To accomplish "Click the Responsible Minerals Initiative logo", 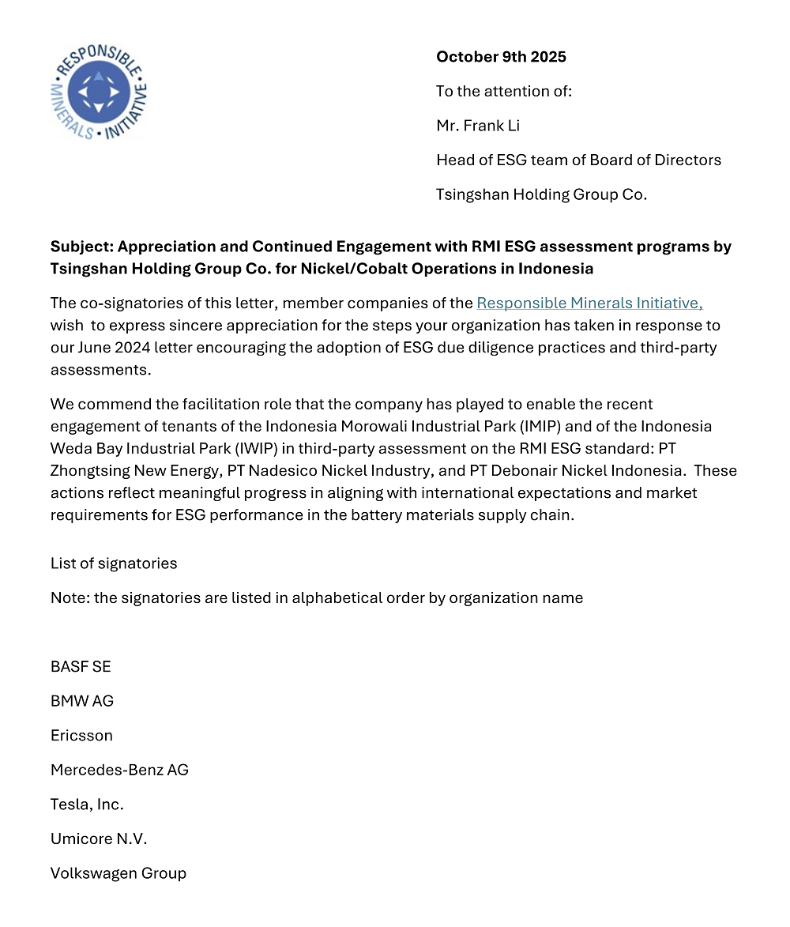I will coord(99,92).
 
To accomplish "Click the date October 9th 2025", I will coord(501,57).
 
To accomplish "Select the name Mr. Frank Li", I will coord(478,126).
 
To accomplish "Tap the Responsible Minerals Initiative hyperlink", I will coord(589,303).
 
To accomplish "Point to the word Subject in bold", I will coord(77,247).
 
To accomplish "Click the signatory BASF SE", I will coord(81,666).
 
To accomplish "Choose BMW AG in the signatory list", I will coord(82,701).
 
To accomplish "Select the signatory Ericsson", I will coord(81,735).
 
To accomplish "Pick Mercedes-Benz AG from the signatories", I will coord(119,770).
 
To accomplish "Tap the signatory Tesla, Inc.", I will coord(87,805).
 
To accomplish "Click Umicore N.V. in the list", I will coord(99,838).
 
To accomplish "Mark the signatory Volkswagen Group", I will coord(118,873).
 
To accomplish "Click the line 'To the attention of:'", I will coord(504,91).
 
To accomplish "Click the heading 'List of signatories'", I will coord(114,563).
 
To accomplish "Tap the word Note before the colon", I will coord(69,597).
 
